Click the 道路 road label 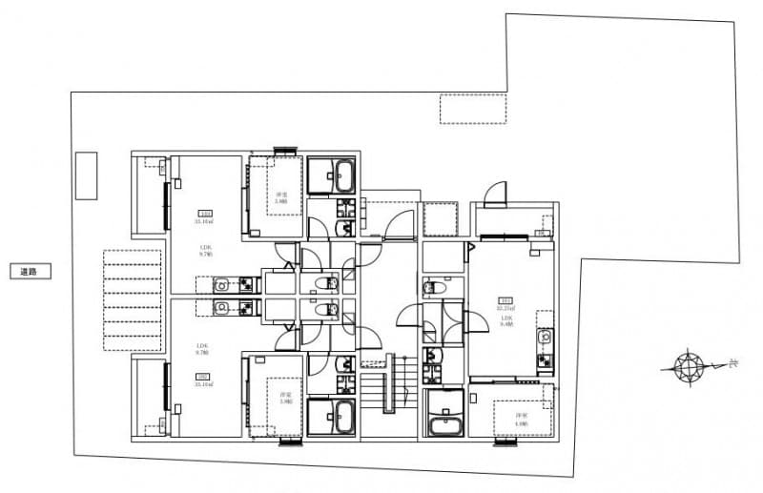click(x=29, y=272)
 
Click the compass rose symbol click(x=687, y=365)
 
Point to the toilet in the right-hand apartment click(x=433, y=287)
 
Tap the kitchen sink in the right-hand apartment click(x=544, y=337)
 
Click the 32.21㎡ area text click(x=506, y=309)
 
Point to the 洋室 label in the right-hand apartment click(x=521, y=416)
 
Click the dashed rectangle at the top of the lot click(x=473, y=109)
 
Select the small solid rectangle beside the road click(x=87, y=175)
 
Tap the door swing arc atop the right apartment click(x=497, y=195)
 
